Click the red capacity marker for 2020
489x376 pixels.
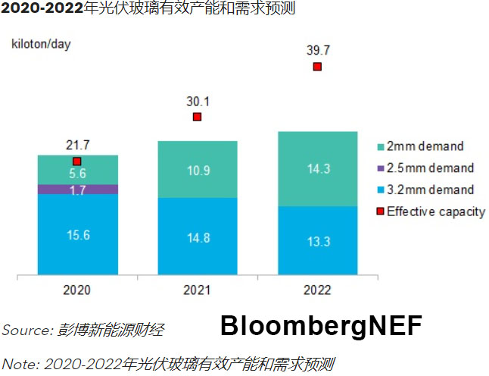77,161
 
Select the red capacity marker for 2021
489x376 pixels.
197,117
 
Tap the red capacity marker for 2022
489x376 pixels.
317,67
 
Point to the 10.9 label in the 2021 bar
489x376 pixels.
198,171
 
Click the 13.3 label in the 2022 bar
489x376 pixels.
317,242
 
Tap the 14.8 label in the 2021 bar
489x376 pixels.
198,238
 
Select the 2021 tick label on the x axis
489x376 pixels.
198,290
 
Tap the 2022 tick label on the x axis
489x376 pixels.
317,290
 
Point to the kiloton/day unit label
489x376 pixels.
40,43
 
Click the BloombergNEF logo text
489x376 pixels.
321,326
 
